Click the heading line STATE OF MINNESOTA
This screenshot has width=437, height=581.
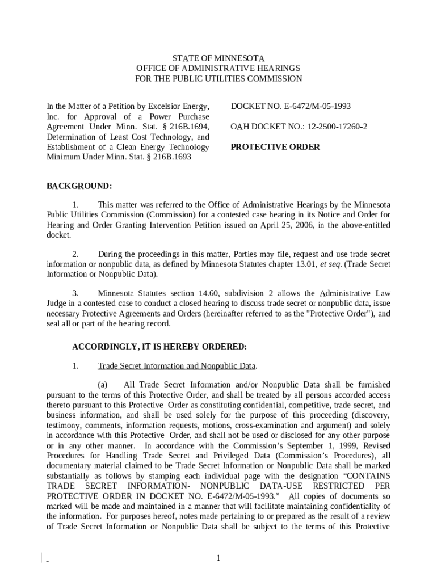point(218,58)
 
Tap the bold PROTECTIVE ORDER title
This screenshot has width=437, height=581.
point(275,147)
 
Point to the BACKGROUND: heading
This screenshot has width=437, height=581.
point(79,186)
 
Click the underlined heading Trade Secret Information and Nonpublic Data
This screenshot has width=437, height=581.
point(177,366)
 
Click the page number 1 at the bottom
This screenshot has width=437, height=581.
point(218,558)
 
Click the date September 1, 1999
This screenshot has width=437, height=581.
point(322,445)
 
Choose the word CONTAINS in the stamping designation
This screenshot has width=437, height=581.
point(364,476)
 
